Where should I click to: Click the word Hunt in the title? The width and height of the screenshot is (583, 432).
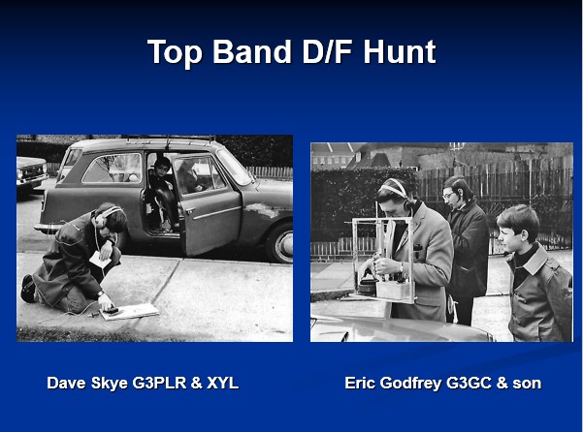tap(399, 52)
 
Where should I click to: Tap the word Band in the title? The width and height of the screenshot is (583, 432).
tap(251, 52)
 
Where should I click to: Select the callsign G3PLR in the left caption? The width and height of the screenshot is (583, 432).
tap(159, 383)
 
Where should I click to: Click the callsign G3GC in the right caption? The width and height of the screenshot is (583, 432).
tap(469, 383)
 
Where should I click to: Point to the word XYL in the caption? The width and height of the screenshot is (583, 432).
tap(222, 383)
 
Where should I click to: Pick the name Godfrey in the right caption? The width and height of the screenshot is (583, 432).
tap(411, 384)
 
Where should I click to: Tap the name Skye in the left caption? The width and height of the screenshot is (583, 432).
tap(110, 384)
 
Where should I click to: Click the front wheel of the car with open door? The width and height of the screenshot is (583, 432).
tap(280, 243)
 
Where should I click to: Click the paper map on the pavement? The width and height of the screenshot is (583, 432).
tap(130, 311)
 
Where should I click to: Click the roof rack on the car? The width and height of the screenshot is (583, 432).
tap(171, 139)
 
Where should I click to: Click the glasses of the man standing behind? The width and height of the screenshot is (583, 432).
tap(448, 195)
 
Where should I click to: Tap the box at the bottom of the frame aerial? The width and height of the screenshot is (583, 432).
tap(394, 290)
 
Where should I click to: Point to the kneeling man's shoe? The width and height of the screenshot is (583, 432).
tap(27, 288)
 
